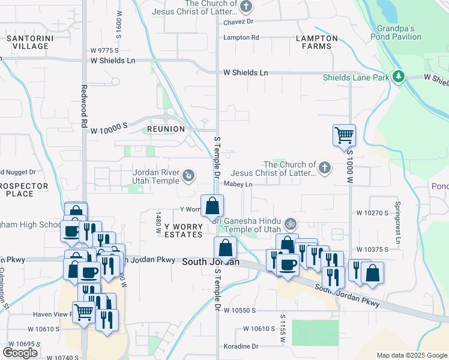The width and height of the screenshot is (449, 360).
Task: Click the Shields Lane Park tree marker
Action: coord(397,77)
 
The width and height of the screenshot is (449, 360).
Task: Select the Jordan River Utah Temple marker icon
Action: coord(188,176)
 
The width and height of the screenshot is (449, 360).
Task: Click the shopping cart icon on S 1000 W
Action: coord(344,135)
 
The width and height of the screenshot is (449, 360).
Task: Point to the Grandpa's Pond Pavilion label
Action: coord(408,32)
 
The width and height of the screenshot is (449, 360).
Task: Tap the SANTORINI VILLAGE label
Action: coord(27,42)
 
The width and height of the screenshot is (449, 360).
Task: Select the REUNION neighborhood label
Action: coord(166,129)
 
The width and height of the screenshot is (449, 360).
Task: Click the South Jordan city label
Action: coord(211,262)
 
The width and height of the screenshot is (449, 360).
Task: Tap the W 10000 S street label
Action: coord(110,125)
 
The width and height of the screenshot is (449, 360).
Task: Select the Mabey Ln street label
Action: coord(238,185)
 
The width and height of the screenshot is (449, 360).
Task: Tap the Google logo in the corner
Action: coord(20,352)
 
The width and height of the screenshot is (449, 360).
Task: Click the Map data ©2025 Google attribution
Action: coord(411,355)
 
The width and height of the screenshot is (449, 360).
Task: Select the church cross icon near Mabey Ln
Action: coord(325,167)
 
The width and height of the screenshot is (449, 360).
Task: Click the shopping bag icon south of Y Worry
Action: coord(224,247)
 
